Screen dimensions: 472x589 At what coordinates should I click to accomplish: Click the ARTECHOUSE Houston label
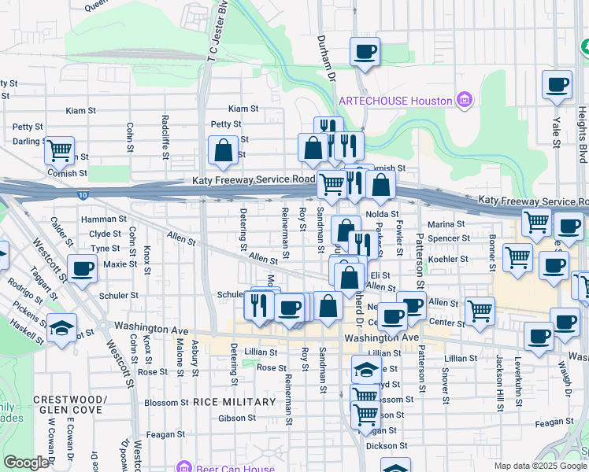pyautogui.click(x=395, y=101)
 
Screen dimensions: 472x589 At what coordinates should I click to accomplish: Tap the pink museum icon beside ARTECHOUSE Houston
pyautogui.click(x=465, y=100)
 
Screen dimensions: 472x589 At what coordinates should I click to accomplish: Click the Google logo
pyautogui.click(x=26, y=462)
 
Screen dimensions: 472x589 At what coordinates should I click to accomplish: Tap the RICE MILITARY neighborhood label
pyautogui.click(x=235, y=402)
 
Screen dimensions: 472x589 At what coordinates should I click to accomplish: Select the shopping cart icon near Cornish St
pyautogui.click(x=58, y=149)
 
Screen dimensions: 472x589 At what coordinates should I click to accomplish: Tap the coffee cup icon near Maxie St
pyautogui.click(x=82, y=268)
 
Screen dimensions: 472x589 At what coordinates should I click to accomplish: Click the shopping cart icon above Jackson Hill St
pyautogui.click(x=517, y=256)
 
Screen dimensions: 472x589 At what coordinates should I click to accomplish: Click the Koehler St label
pyautogui.click(x=449, y=258)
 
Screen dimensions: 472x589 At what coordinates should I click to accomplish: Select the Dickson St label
pyautogui.click(x=387, y=445)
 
